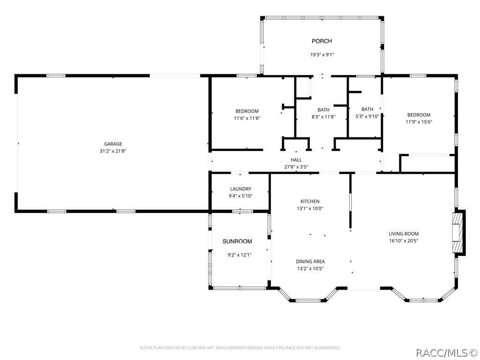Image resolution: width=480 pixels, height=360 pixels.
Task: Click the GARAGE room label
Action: [113, 144]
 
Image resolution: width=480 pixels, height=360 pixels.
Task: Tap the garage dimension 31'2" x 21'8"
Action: [113, 151]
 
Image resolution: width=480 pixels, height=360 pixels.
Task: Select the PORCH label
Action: [322, 41]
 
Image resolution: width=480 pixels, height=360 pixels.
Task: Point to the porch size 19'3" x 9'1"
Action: [322, 55]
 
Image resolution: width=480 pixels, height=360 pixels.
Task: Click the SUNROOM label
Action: [237, 241]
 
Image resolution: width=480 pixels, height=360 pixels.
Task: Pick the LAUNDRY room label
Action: [240, 189]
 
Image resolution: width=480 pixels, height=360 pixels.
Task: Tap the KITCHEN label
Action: [310, 202]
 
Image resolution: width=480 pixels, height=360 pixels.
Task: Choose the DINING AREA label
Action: [310, 262]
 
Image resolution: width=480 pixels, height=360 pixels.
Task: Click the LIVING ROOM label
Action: [404, 233]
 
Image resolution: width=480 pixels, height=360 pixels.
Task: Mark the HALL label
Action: [296, 160]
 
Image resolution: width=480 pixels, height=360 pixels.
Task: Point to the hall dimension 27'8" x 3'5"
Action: [296, 167]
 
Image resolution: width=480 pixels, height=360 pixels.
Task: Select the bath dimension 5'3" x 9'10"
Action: [367, 116]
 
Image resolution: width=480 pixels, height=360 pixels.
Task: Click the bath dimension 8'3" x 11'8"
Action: [323, 117]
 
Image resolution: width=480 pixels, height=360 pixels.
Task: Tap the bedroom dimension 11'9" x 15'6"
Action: [419, 122]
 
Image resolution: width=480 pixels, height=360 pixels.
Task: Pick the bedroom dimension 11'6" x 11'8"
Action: [247, 118]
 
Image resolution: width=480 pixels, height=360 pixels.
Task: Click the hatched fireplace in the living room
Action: [457, 233]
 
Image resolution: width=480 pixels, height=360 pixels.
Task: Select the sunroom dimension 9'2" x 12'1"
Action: [240, 255]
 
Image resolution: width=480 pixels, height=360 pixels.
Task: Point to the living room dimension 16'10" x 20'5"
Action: [404, 240]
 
